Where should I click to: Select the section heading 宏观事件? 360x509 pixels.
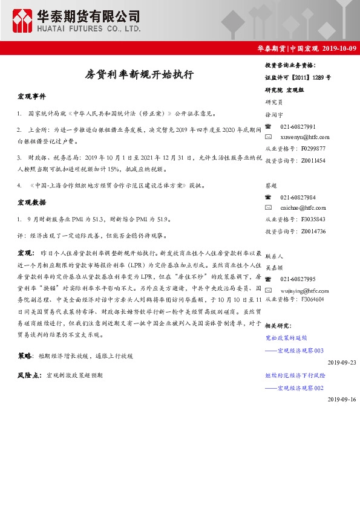[x=31, y=97]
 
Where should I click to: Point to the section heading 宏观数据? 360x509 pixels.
[x=31, y=202]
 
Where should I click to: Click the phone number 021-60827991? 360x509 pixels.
[x=298, y=127]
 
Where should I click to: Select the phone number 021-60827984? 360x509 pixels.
[x=298, y=198]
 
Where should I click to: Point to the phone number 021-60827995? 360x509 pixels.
[x=298, y=279]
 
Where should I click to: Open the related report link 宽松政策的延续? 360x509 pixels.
[x=286, y=339]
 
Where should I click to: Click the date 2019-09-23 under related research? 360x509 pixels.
[x=342, y=362]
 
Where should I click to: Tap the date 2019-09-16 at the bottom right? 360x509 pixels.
[x=342, y=400]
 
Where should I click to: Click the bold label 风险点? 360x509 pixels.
[x=29, y=375]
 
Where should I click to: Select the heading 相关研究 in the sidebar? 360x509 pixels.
[x=278, y=326]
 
